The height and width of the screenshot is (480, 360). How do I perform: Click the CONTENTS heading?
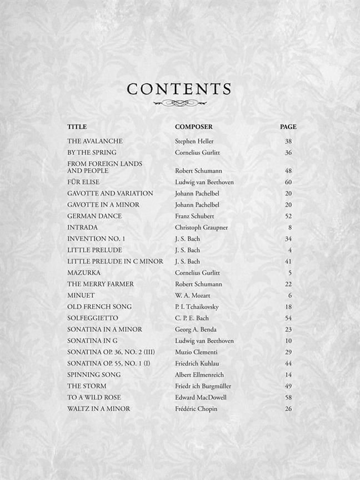coord(179,89)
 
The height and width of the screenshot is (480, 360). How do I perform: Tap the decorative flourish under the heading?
coord(179,103)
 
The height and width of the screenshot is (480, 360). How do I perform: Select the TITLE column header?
coord(77,127)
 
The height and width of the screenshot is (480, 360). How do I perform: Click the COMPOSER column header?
coord(193,127)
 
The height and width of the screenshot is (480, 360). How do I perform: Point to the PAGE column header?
coord(288,127)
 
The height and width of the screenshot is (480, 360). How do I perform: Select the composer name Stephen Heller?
coord(194,141)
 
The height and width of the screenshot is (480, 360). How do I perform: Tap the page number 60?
coord(288,182)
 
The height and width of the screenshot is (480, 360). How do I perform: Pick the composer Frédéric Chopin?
coord(196,409)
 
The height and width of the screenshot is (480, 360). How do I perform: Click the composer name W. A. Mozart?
coord(193,296)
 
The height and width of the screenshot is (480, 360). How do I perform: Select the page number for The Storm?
coord(288,386)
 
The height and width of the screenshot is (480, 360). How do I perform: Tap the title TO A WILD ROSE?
coord(94,397)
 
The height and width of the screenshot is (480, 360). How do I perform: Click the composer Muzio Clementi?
coord(196,352)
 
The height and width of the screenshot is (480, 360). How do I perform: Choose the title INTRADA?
coord(82,227)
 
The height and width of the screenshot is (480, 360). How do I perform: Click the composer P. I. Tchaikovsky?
coord(197,307)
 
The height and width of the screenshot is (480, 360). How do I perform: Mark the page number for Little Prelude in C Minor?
coord(288,261)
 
